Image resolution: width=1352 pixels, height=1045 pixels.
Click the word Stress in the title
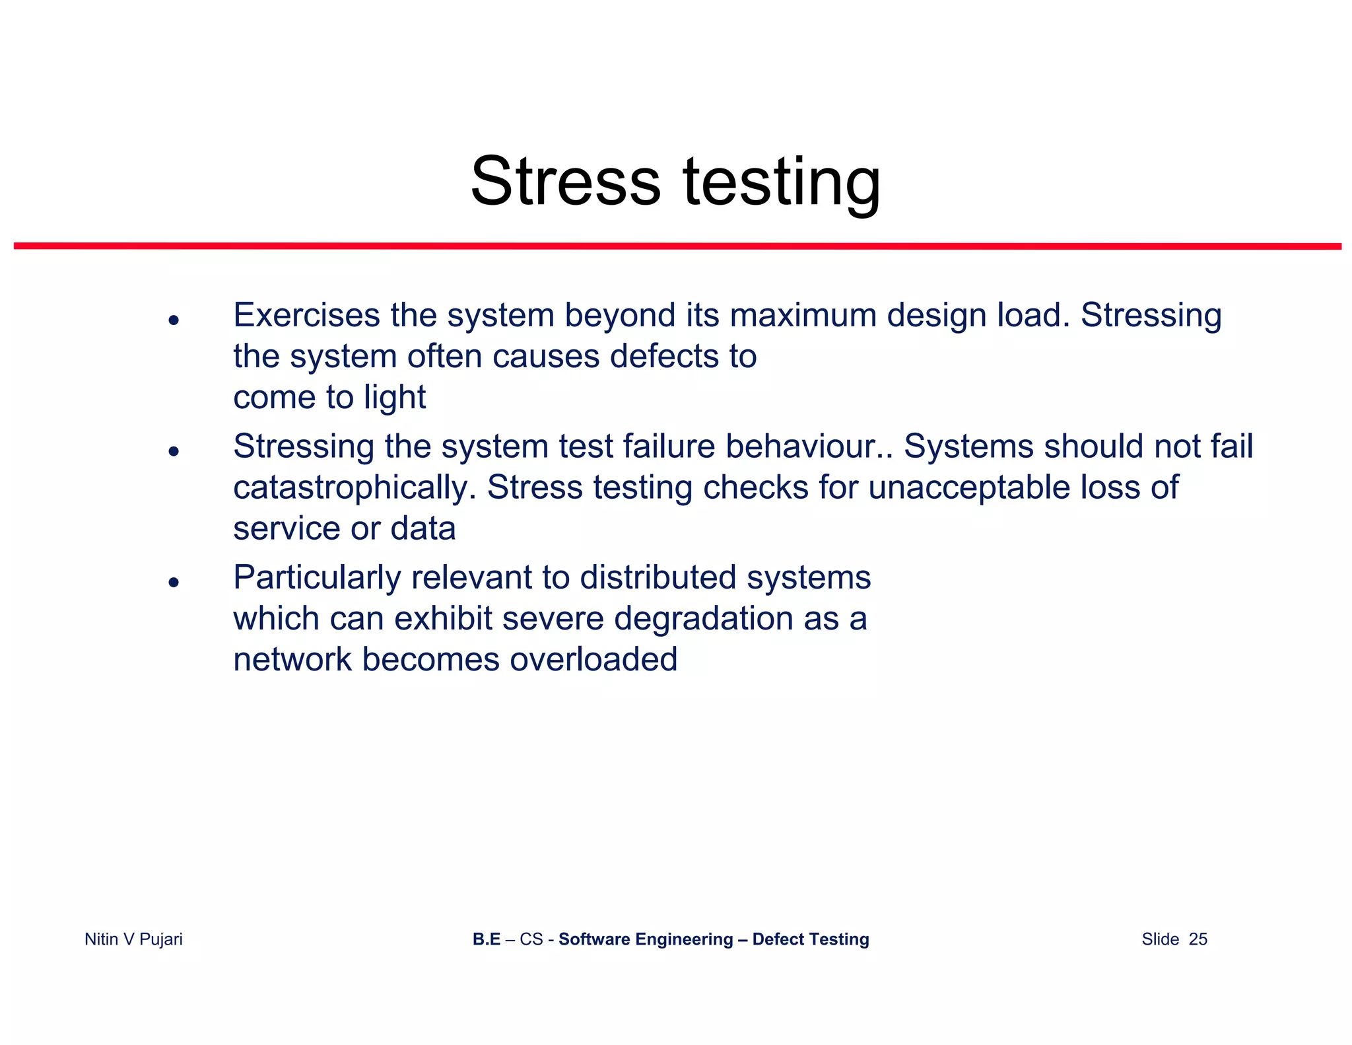pos(565,181)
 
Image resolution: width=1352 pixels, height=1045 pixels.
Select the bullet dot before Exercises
pos(174,320)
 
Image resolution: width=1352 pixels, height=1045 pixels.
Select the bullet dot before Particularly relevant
pos(174,582)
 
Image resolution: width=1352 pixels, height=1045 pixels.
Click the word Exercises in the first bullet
pos(306,315)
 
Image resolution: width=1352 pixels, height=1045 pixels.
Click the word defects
pos(664,356)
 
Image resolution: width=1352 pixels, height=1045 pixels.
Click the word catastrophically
pos(355,487)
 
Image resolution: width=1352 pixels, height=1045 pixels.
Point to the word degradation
pos(703,618)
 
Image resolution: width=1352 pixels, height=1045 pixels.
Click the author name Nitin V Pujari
pos(133,939)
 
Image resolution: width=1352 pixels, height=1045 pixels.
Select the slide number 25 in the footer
pos(1198,939)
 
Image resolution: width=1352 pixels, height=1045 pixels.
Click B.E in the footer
pos(486,939)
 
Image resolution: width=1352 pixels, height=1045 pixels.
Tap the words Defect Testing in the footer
pos(810,939)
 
